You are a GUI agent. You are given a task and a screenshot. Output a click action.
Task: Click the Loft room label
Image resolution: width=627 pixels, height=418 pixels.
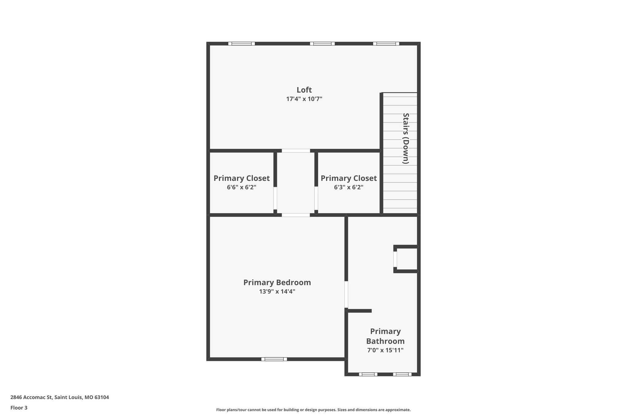[x=304, y=90]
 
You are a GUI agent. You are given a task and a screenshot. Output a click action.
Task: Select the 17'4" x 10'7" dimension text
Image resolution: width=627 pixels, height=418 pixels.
[x=304, y=99]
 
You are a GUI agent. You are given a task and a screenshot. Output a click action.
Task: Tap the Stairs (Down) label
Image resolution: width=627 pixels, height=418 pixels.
[x=406, y=138]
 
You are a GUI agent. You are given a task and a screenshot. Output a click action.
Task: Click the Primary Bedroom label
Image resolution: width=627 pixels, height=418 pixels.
[x=277, y=282]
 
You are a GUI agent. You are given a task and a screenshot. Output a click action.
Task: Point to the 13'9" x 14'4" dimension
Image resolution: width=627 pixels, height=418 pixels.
[x=277, y=292]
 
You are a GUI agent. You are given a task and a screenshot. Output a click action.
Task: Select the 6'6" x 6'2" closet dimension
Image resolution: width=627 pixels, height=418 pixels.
[x=241, y=187]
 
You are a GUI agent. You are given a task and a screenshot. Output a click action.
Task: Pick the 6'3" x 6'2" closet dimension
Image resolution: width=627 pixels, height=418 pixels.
[x=348, y=187]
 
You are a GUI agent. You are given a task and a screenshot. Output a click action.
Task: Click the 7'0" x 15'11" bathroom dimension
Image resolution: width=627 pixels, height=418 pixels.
[x=385, y=350]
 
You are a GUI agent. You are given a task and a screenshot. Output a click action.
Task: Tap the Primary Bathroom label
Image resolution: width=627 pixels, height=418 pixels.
[x=385, y=336]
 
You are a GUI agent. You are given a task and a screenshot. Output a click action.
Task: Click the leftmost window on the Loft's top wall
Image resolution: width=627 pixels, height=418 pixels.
[x=241, y=43]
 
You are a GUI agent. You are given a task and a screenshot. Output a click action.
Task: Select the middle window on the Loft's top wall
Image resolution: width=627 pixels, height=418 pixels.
[x=322, y=43]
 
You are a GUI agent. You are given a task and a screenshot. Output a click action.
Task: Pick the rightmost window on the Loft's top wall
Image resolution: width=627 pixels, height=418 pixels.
[x=386, y=43]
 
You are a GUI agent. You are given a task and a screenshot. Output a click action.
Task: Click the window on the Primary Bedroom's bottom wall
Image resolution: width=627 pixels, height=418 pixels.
[x=274, y=359]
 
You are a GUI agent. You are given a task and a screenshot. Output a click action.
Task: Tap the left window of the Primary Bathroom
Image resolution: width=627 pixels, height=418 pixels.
[x=368, y=374]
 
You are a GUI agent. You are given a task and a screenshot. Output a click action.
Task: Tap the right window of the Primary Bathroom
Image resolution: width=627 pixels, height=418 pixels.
[x=402, y=374]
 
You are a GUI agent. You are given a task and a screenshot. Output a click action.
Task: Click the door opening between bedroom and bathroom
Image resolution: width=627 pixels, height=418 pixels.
[x=346, y=294]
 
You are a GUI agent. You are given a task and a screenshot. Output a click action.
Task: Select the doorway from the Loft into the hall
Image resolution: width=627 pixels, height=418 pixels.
[x=296, y=151]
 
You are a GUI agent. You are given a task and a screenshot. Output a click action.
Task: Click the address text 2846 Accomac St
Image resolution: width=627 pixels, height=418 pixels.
[x=59, y=397]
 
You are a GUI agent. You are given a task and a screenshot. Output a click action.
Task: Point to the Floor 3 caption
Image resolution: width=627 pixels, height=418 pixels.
[x=19, y=408]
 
